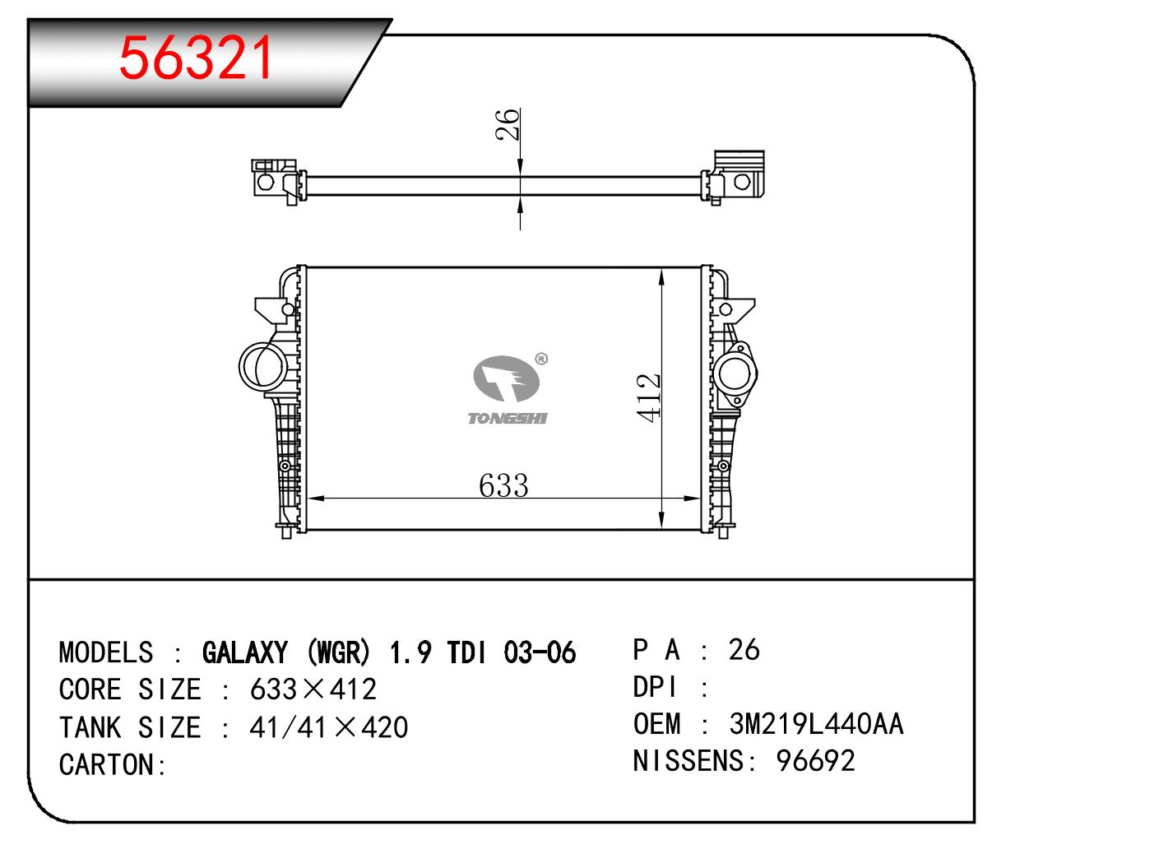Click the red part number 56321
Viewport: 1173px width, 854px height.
click(196, 58)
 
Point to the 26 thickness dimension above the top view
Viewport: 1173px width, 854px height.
click(508, 124)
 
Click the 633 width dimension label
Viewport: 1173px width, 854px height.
click(503, 485)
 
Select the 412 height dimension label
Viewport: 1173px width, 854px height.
click(648, 397)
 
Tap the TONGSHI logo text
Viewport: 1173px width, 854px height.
click(507, 418)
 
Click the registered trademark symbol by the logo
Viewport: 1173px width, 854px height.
click(541, 359)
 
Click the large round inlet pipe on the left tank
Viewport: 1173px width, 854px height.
click(262, 366)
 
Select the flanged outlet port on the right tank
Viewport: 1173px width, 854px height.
click(735, 374)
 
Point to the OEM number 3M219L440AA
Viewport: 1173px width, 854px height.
click(816, 724)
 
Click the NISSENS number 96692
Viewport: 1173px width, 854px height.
click(815, 760)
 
